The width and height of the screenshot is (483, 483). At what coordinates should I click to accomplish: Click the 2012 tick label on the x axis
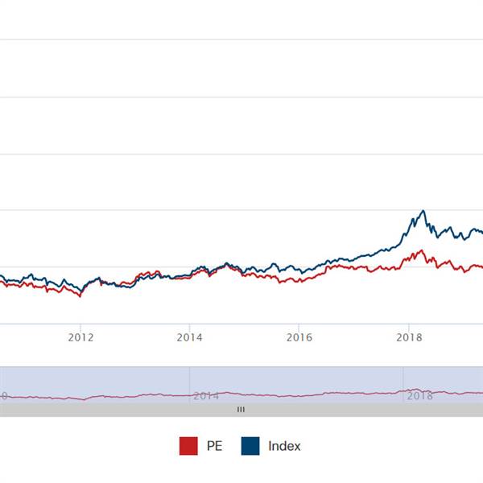(80, 337)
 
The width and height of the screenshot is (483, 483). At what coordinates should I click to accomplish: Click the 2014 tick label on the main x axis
(188, 337)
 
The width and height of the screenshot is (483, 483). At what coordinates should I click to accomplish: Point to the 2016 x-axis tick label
(299, 337)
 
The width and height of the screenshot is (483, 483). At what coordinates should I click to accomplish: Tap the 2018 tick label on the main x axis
(410, 337)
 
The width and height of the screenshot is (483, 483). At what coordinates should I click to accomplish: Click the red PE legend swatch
(188, 446)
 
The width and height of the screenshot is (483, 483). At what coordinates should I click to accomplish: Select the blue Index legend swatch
(250, 446)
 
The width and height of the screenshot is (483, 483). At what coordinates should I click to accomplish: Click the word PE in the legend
(214, 446)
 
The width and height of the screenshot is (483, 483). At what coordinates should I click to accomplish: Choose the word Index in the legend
(284, 446)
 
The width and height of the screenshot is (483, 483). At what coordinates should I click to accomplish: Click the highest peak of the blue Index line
(423, 211)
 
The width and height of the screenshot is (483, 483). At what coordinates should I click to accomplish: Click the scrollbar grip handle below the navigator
(240, 410)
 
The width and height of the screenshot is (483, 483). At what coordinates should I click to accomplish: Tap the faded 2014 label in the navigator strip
(205, 395)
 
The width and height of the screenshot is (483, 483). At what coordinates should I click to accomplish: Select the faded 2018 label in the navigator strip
(419, 395)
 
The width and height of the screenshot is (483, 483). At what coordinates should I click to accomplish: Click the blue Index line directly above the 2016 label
(299, 271)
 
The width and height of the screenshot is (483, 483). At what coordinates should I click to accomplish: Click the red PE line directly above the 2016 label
(299, 279)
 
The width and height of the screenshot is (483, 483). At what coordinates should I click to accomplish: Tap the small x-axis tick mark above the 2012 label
(80, 327)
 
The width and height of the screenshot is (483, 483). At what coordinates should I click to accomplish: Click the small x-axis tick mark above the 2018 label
(410, 327)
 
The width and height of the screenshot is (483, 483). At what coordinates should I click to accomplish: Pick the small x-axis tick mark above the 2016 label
(299, 327)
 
